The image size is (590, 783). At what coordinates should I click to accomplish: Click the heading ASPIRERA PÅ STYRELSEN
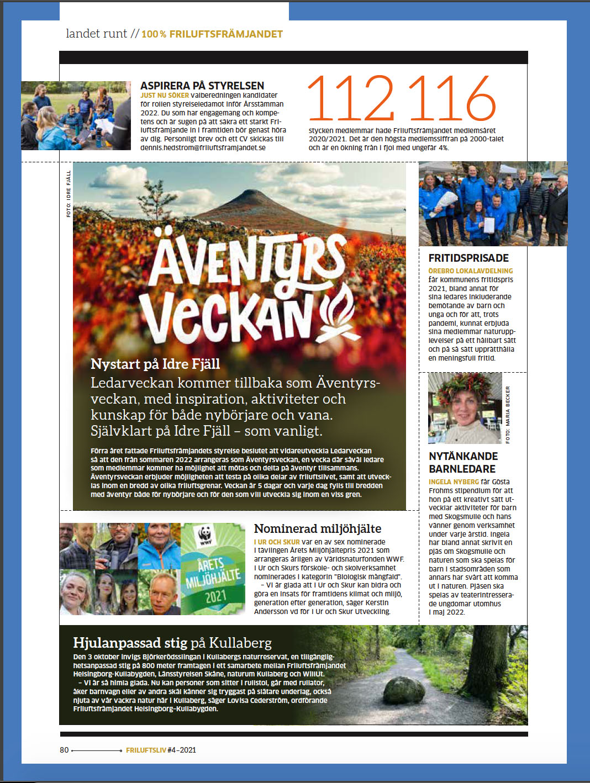[x=202, y=86]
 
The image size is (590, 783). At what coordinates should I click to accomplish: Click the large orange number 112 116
[x=401, y=99]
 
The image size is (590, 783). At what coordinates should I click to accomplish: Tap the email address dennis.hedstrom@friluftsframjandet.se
[x=203, y=148]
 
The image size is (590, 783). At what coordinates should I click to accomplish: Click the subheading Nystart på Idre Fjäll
[x=155, y=364]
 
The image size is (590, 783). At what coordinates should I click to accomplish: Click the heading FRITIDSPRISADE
[x=468, y=258]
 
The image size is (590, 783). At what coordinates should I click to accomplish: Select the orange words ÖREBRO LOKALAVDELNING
[x=471, y=271]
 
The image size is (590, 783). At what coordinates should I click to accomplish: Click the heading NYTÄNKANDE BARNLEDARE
[x=463, y=463]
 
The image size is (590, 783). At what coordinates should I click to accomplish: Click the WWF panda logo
[x=205, y=535]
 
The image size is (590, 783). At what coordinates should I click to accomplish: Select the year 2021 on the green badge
[x=215, y=597]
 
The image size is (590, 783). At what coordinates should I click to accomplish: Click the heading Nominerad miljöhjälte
[x=317, y=529]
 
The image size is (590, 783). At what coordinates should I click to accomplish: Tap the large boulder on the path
[x=404, y=690]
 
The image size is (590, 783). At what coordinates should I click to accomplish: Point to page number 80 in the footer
[x=65, y=750]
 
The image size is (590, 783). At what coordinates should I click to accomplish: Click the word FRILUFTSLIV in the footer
[x=146, y=750]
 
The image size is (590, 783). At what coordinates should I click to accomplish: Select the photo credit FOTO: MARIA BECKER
[x=508, y=414]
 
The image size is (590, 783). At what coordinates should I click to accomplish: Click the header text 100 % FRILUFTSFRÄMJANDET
[x=212, y=34]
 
